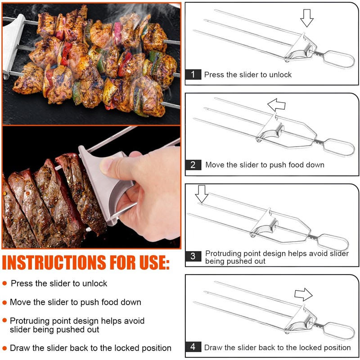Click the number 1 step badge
tap(193, 74)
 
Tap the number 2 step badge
tap(193, 165)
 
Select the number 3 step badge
tap(193, 256)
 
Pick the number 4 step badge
tap(193, 346)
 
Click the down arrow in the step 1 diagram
tap(307, 18)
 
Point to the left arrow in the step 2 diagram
tap(276, 105)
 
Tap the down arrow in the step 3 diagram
tap(202, 194)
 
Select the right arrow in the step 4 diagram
tap(303, 294)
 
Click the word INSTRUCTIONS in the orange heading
tap(54, 262)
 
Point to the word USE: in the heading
tap(153, 262)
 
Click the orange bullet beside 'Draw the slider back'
tap(4, 348)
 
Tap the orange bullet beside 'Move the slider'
tap(4, 302)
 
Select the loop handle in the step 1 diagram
tap(339, 59)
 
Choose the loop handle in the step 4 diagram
tap(339, 331)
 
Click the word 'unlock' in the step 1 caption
tap(280, 75)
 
